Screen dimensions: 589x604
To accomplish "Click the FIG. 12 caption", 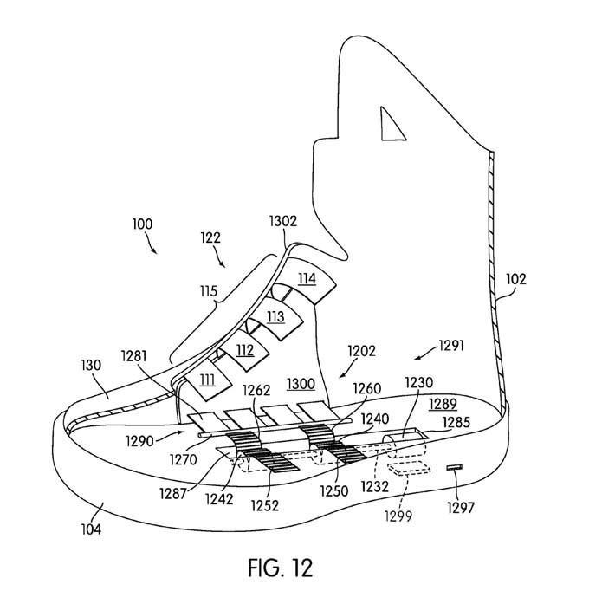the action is [x=281, y=568].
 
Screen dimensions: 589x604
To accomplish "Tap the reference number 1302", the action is [x=283, y=221].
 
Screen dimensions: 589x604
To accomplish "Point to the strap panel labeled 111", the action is [x=208, y=381].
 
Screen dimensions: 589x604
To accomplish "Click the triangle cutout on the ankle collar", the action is [x=391, y=125].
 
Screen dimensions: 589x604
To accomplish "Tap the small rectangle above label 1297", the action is [x=454, y=468].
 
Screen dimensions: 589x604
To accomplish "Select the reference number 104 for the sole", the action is [x=91, y=529].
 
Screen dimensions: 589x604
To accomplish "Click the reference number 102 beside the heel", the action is [x=516, y=279].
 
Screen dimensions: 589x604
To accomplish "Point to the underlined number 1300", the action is [x=301, y=384].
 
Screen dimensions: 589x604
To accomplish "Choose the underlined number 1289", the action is [x=443, y=404].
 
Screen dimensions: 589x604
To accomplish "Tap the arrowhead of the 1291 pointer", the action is [x=417, y=358].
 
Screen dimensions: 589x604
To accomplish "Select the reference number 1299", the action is [x=398, y=516].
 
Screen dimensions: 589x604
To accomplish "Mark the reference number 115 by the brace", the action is [x=208, y=291].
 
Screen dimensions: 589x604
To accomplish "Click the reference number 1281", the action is [x=134, y=356].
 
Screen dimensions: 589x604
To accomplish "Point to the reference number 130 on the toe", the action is [x=91, y=365].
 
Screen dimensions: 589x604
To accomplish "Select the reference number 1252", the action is [x=265, y=505].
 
